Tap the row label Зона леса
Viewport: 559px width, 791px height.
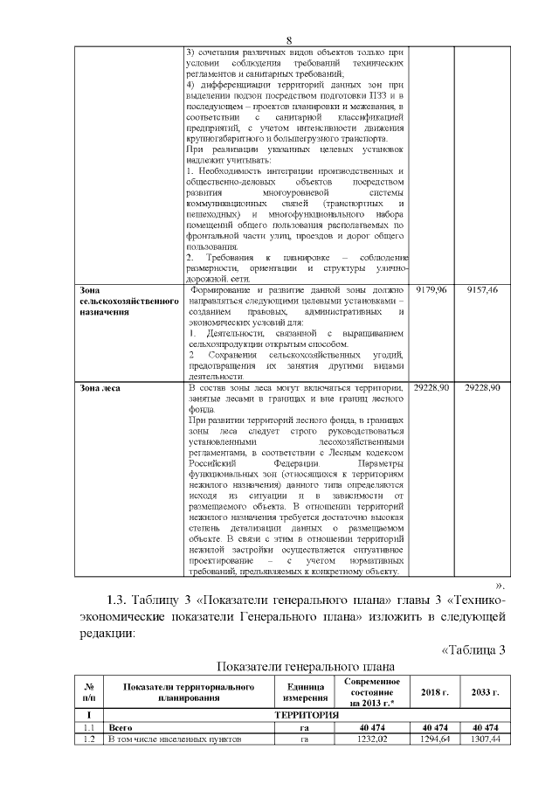point(100,387)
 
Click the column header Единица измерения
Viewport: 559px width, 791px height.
point(306,693)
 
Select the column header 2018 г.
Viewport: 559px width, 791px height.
point(435,693)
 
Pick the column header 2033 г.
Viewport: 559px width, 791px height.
point(485,693)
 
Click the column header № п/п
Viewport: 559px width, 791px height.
point(88,693)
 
